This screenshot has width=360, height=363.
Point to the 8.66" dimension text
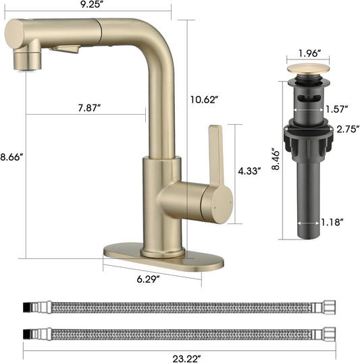tap(11, 157)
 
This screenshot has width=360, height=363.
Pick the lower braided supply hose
tap(180, 333)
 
